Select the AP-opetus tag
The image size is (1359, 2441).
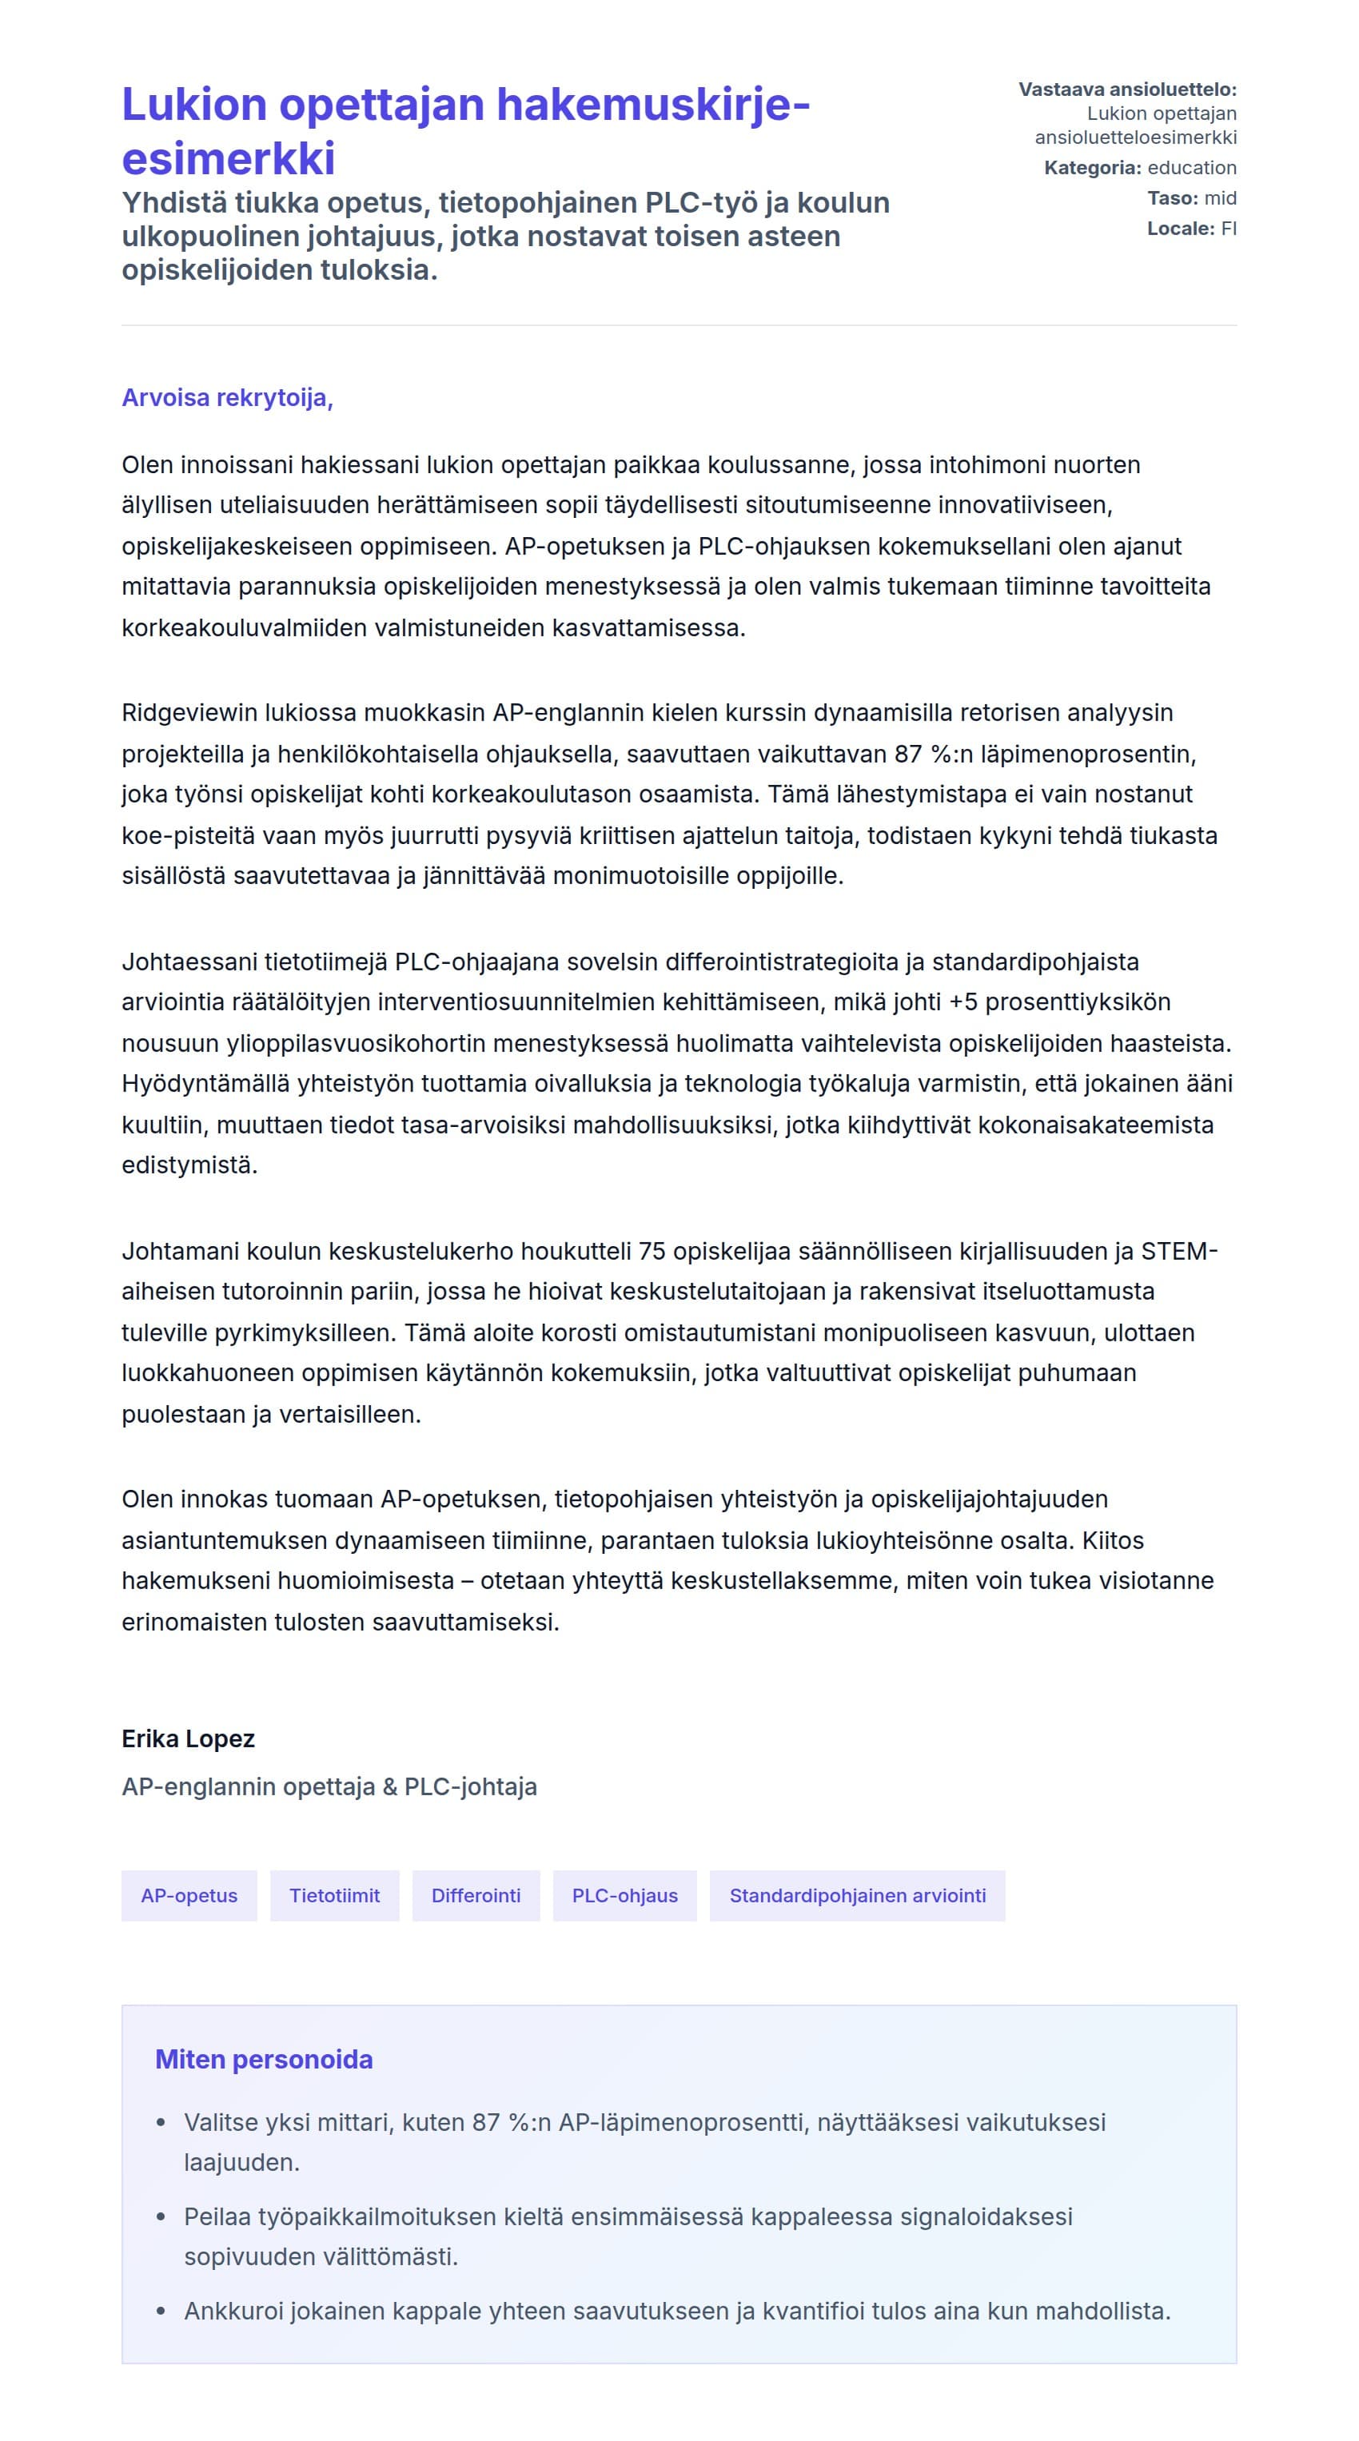pos(189,1895)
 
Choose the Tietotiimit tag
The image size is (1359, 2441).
pos(334,1895)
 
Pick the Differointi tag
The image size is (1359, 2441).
pos(476,1895)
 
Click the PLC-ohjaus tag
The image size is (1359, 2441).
pos(624,1895)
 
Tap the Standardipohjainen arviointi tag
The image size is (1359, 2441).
pos(857,1895)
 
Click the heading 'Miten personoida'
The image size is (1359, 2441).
pos(264,2059)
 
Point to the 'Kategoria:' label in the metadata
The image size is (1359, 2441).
pos(1092,168)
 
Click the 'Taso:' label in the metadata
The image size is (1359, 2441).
pos(1172,198)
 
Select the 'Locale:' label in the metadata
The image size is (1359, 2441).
pos(1180,229)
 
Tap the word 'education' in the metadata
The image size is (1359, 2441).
pos(1191,168)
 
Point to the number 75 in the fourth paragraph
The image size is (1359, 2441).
pos(652,1251)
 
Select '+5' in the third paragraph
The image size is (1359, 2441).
pos(962,1001)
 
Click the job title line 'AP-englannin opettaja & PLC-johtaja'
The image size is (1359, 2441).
pos(329,1786)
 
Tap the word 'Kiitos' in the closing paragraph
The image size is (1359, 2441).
pos(1113,1540)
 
